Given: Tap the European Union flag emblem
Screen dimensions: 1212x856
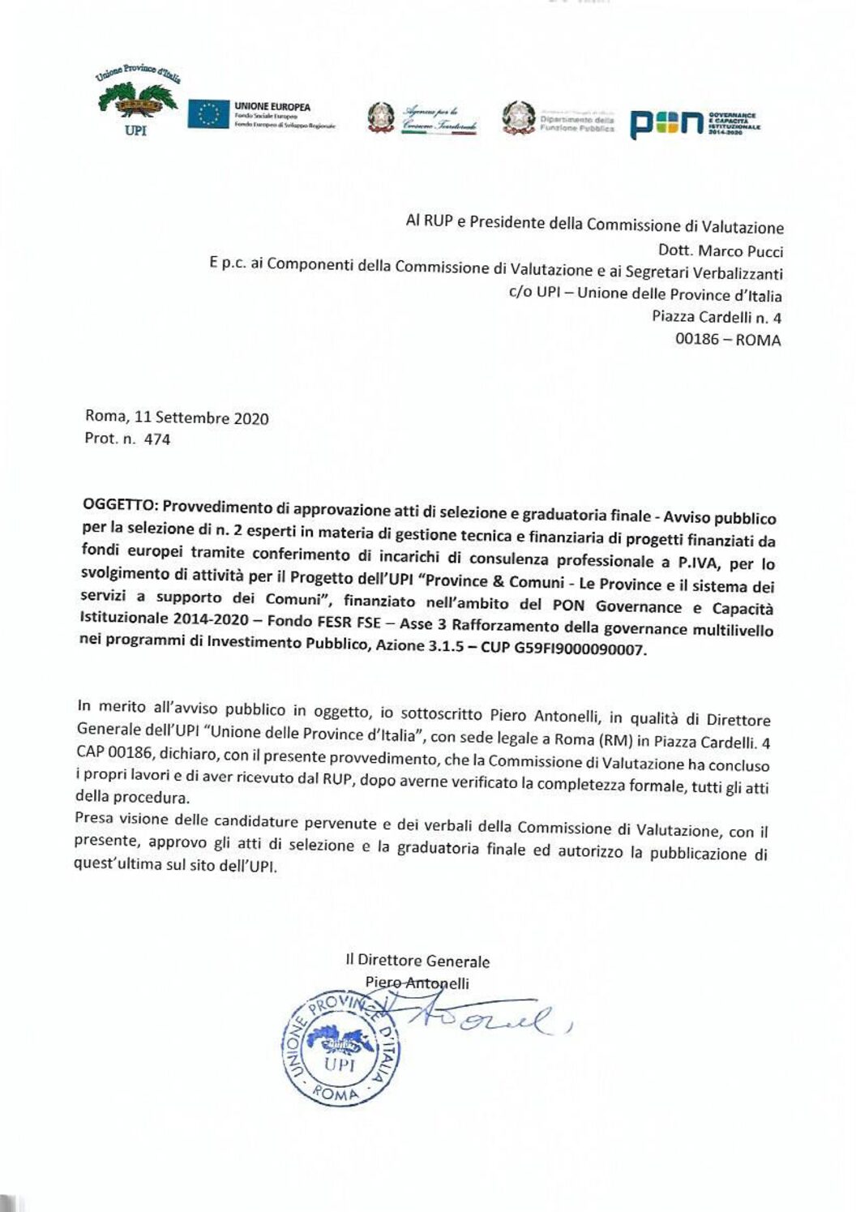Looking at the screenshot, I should [208, 114].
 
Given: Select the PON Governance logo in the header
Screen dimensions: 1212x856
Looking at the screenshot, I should [695, 123].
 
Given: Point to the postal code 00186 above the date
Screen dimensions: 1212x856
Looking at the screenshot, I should [696, 339].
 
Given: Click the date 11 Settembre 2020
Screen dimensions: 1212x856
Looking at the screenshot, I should [202, 418].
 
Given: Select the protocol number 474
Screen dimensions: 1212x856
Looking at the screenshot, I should [157, 439].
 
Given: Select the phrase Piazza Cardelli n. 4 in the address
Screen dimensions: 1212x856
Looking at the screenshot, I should [717, 317].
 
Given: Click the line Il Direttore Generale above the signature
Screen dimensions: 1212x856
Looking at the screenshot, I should [417, 961].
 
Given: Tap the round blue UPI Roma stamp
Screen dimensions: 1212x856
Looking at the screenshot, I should [340, 1049].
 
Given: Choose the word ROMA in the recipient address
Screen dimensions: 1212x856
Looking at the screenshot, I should [759, 340].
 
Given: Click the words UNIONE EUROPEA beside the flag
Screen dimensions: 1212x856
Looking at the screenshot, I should [272, 106].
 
